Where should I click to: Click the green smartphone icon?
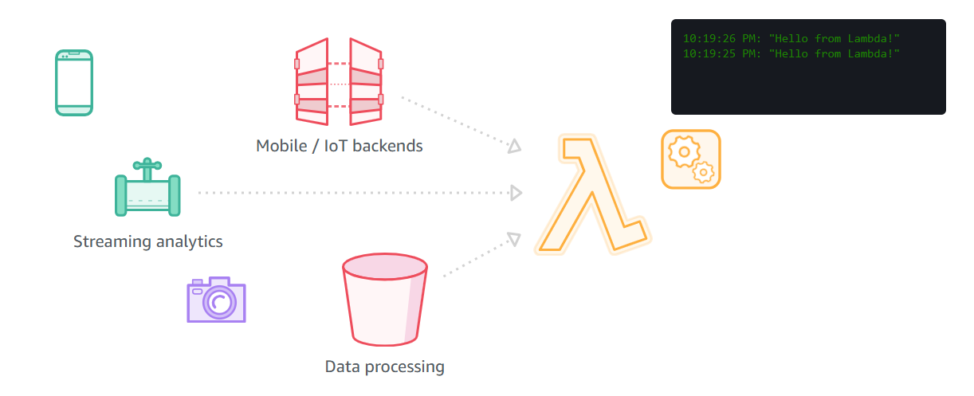tap(74, 83)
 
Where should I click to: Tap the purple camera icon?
tap(216, 300)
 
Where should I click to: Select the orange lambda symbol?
tap(591, 195)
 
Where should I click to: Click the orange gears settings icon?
tap(690, 159)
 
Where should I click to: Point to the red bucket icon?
tap(385, 301)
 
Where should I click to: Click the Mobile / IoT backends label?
tap(339, 146)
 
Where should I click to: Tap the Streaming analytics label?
tap(147, 241)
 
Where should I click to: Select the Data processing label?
tap(384, 367)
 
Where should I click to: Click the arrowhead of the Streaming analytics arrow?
tap(516, 193)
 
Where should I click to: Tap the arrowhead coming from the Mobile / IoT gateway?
tap(515, 146)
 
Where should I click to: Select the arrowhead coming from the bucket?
tap(514, 239)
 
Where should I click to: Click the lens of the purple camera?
tap(220, 302)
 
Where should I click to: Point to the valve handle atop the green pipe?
tap(147, 167)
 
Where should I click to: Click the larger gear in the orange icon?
tap(682, 151)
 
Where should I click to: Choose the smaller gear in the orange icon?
tap(703, 171)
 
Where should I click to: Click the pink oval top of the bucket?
tap(385, 266)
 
